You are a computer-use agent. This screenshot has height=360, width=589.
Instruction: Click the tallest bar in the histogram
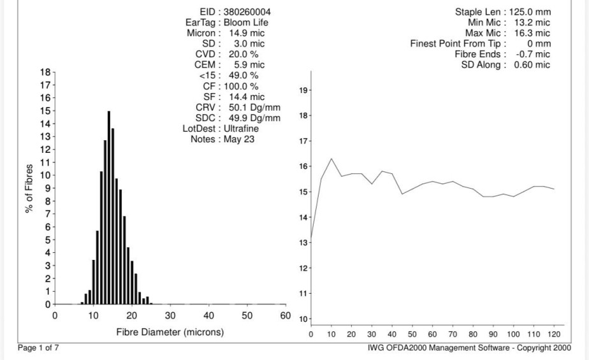click(x=109, y=208)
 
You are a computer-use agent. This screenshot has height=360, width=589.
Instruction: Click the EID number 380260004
click(x=247, y=12)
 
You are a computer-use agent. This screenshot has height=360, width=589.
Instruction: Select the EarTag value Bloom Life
click(x=245, y=22)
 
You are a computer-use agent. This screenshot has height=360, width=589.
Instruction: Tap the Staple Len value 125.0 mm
click(x=530, y=12)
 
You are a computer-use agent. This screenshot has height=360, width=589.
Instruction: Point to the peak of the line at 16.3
click(x=331, y=159)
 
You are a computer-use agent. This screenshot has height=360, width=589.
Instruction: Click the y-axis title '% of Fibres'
click(x=29, y=189)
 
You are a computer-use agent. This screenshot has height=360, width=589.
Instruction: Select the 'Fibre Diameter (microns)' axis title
click(x=170, y=332)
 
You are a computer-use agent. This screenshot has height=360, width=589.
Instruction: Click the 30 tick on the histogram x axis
click(x=170, y=315)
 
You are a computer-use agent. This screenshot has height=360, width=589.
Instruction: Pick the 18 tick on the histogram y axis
click(x=45, y=72)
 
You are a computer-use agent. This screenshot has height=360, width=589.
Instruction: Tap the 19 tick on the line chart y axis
click(x=303, y=90)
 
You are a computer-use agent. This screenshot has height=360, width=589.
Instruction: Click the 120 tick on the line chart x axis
click(x=554, y=334)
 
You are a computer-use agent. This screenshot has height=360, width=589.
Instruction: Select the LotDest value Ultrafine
click(x=241, y=129)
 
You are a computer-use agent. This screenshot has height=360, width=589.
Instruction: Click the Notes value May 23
click(x=239, y=140)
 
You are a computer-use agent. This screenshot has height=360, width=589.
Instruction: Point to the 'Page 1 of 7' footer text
click(x=38, y=348)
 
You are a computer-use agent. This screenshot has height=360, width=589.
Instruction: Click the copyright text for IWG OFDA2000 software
click(x=469, y=348)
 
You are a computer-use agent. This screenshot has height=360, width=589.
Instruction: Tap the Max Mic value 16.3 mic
click(x=532, y=33)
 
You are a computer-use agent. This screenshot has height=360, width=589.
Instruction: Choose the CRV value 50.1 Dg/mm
click(x=254, y=108)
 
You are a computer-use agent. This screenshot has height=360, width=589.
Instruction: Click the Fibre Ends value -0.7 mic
click(x=533, y=54)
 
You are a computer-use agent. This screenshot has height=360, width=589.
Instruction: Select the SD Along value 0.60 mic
click(x=532, y=64)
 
